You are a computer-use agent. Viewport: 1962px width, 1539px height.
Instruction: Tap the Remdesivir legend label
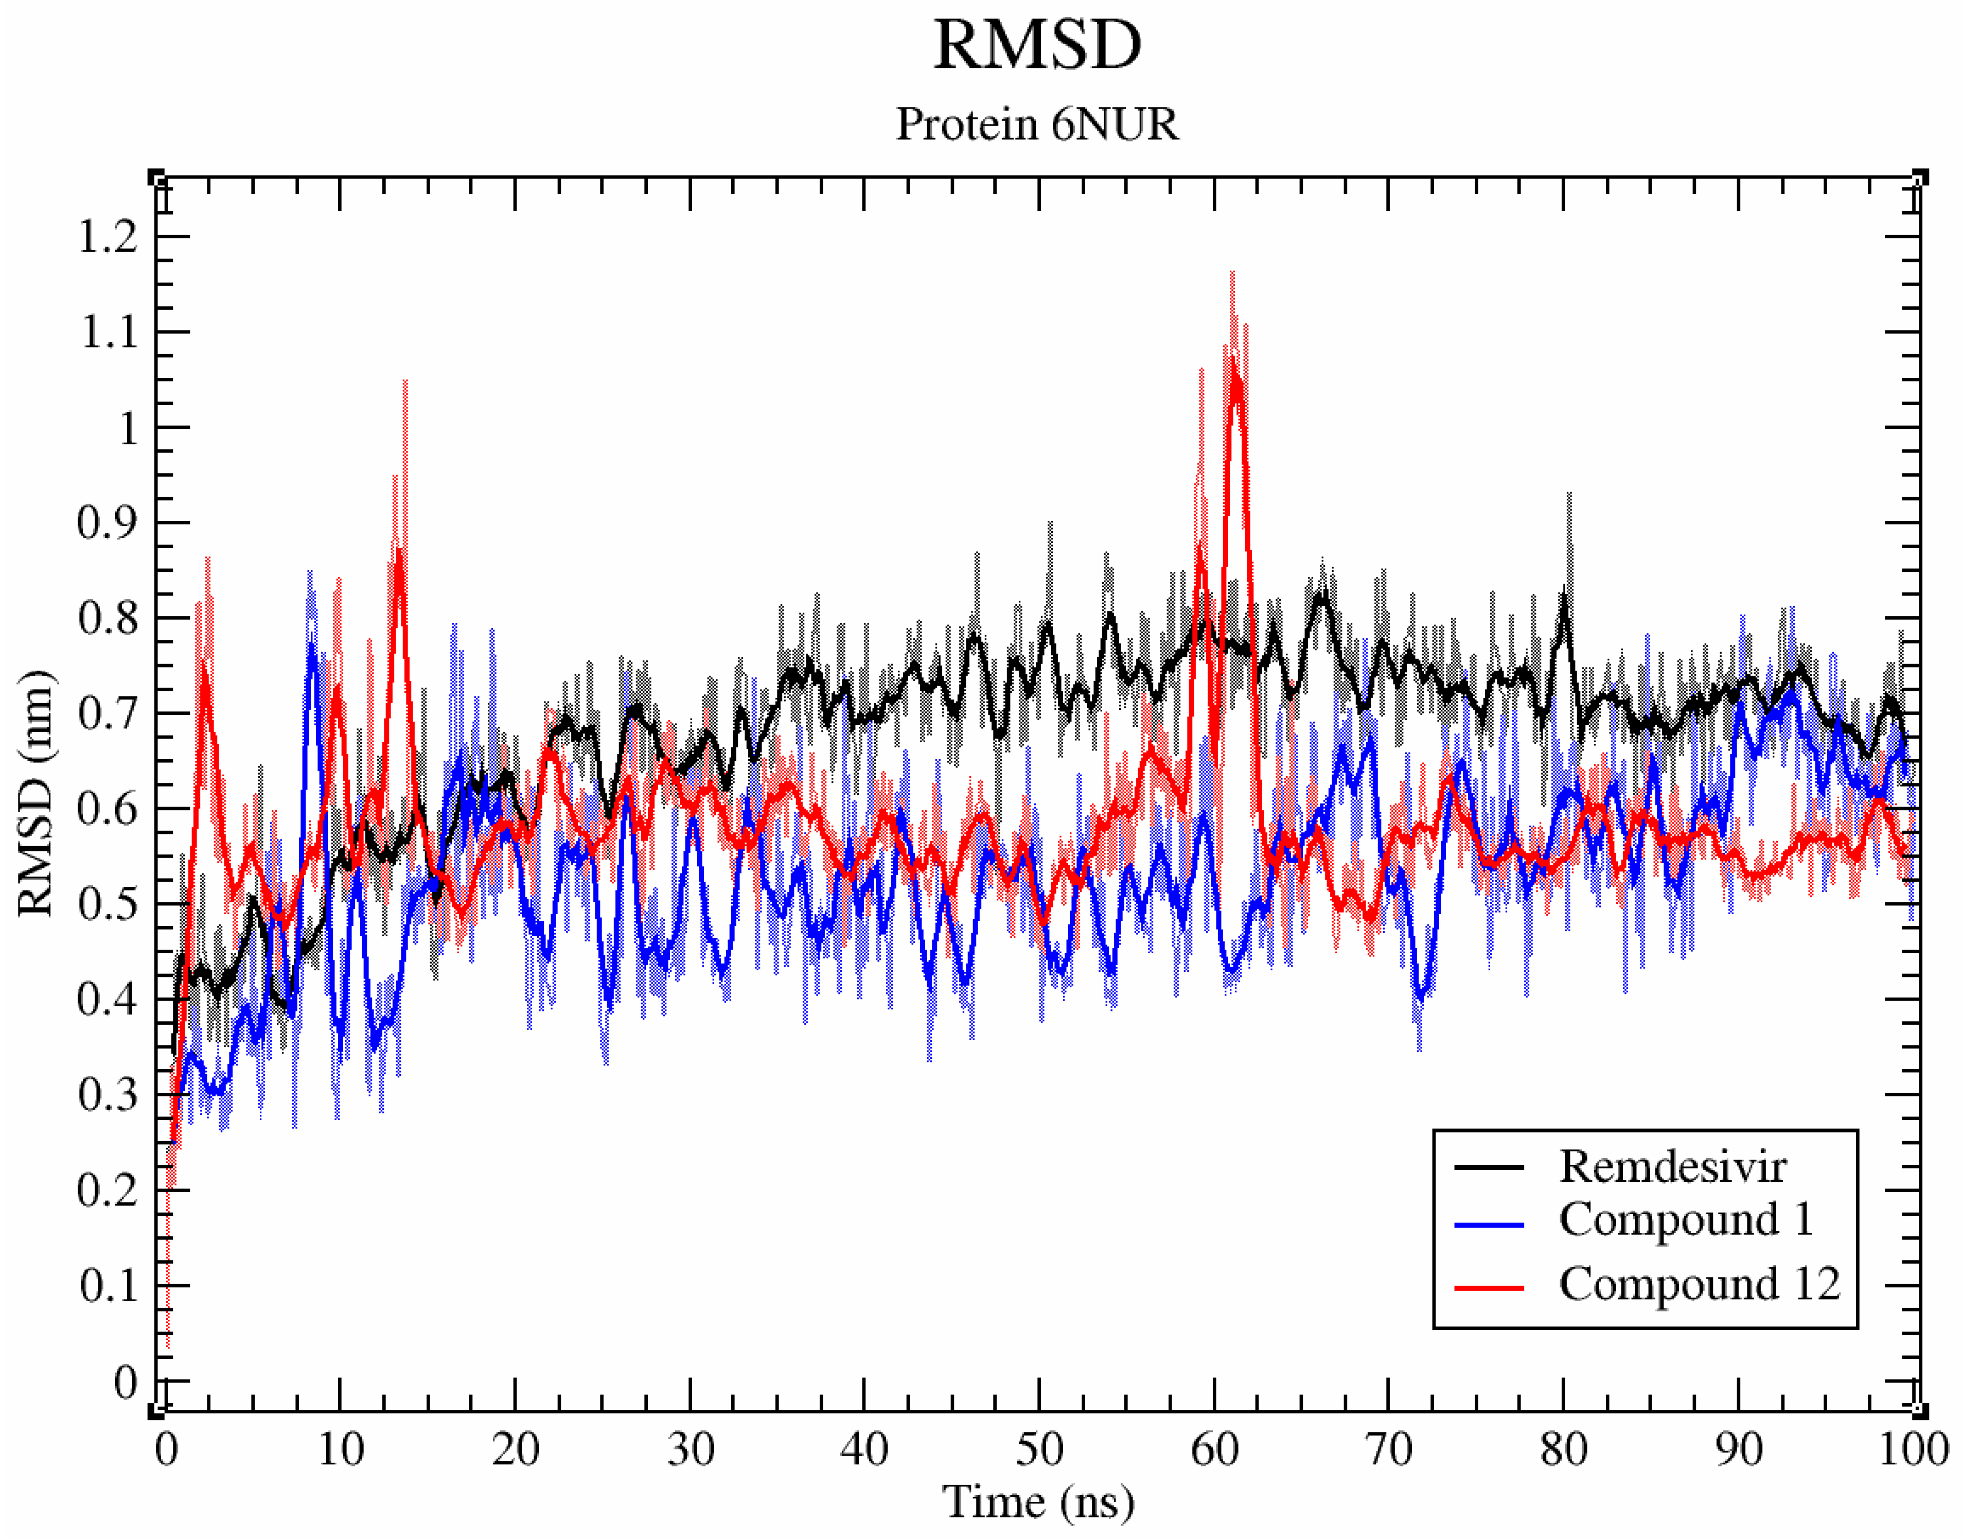[x=1672, y=1167]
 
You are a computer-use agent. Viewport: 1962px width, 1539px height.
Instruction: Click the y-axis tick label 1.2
[x=108, y=237]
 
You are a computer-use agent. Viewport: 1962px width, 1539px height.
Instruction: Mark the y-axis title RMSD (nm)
[x=36, y=793]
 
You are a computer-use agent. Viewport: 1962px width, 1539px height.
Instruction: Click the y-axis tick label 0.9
[x=108, y=522]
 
